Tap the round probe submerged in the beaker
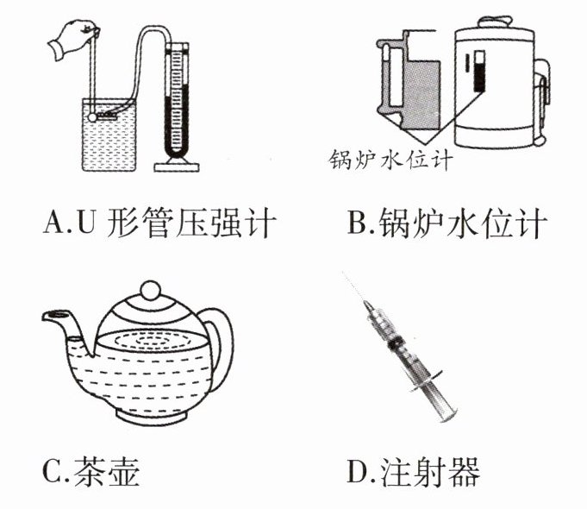[92, 117]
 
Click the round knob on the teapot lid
[150, 291]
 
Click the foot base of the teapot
[153, 416]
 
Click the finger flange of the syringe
[427, 381]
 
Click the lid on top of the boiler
[495, 22]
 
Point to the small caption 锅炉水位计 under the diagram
[390, 160]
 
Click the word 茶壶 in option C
[107, 471]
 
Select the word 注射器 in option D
[430, 471]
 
